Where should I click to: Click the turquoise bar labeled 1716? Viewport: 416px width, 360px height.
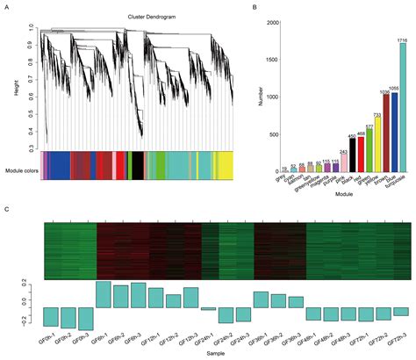coord(403,106)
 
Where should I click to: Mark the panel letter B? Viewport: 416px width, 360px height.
coord(254,7)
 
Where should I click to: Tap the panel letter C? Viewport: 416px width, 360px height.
coord(7,210)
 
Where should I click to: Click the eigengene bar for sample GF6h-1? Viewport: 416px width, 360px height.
coord(103,294)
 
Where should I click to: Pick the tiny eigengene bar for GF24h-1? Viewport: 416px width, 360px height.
coord(208,308)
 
